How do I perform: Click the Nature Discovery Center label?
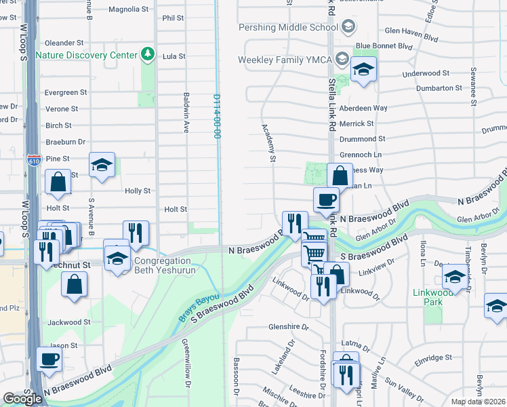tap(86, 54)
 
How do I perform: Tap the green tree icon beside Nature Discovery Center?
tap(147, 54)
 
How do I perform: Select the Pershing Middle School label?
tap(287, 28)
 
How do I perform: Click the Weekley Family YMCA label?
tap(285, 60)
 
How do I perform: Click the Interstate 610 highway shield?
tap(35, 160)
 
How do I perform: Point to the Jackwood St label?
tap(67, 322)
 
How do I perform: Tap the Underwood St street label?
tap(426, 73)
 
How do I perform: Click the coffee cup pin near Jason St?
tap(49, 359)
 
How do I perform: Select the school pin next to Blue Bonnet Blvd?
tap(363, 70)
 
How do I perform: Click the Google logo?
tap(22, 399)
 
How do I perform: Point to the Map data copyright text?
tap(477, 402)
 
